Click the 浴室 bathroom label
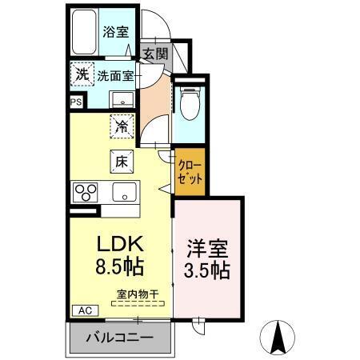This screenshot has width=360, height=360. tap(115, 33)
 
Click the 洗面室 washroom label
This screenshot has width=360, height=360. tap(116, 77)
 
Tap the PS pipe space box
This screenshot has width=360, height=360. tap(76, 102)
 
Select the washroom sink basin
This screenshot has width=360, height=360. tap(122, 99)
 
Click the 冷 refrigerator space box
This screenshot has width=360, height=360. tap(122, 126)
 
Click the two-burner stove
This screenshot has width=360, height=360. tap(86, 193)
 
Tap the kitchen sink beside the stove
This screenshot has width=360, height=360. tap(125, 193)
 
